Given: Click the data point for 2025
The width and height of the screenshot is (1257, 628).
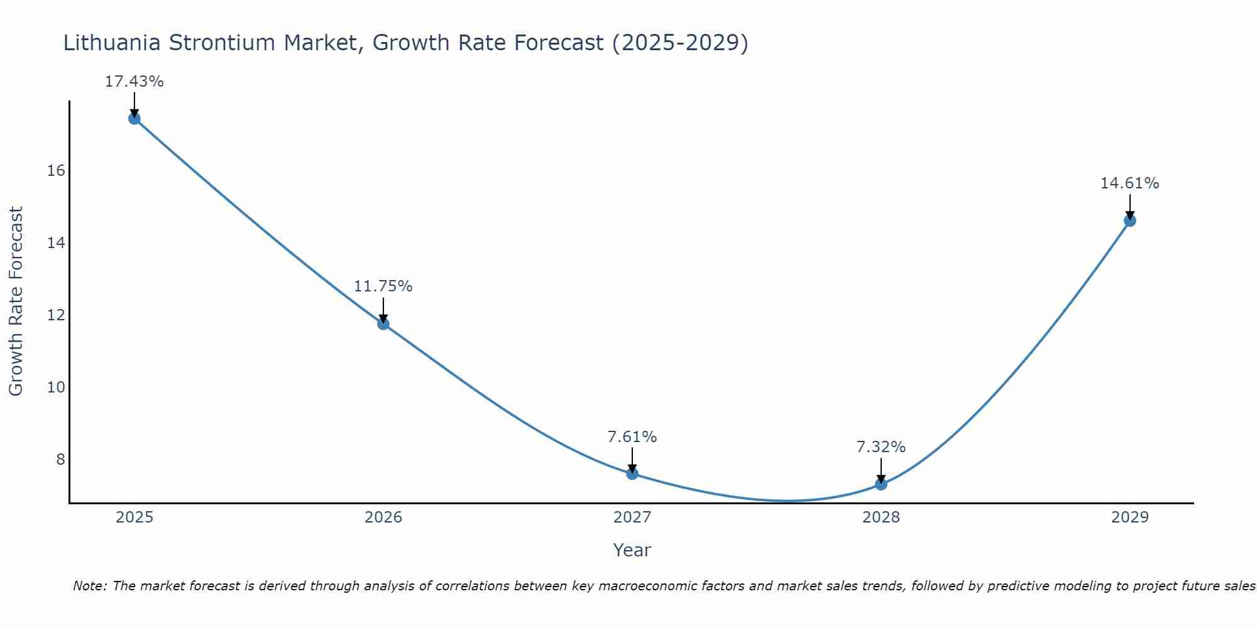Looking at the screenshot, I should pos(134,119).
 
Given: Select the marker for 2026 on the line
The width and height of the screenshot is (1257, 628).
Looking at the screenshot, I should pos(383,324).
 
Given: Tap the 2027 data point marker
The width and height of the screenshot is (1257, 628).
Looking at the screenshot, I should pos(632,474).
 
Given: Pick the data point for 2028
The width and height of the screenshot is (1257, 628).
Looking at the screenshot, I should pos(881,484).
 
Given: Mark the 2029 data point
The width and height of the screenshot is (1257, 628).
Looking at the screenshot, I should pos(1130,220).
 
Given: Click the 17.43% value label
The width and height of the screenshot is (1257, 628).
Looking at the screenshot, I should pos(134,82).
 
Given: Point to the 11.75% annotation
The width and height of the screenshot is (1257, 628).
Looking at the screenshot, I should pos(383,286).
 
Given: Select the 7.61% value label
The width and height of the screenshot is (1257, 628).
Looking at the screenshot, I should pos(632,436).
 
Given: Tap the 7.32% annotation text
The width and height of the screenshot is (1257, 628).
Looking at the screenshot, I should pos(881,447).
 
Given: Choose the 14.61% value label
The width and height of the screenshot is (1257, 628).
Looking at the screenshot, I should pos(1129,183).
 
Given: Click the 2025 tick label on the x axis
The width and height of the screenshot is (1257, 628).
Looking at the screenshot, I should pos(134,517).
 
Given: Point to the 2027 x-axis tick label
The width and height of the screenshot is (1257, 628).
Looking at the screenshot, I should pos(632,517).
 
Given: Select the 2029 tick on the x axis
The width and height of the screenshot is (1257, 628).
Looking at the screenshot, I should pos(1130,517).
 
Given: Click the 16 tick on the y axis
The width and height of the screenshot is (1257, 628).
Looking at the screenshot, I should pos(57,171).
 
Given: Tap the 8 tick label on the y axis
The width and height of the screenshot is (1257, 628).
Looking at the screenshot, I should pos(60,459).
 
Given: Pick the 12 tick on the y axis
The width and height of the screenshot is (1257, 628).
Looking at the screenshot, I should pos(57,315).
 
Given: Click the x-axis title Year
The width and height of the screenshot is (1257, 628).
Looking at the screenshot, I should pos(632,550).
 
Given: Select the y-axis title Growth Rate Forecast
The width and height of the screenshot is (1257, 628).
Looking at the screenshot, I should pos(16,301).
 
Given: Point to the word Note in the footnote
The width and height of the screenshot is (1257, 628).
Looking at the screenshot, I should pos(89,586).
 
